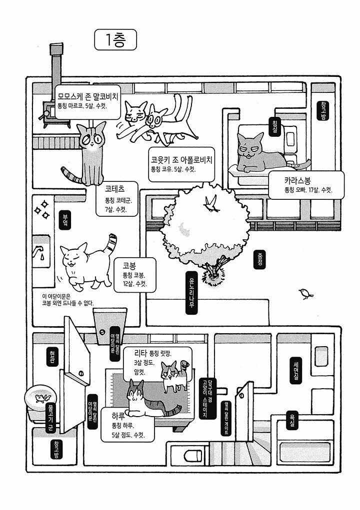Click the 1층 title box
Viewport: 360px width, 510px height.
pos(115,40)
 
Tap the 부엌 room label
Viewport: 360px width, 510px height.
pos(65,221)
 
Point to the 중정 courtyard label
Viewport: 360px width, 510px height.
pos(259,259)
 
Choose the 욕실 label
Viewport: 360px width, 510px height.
pos(292,420)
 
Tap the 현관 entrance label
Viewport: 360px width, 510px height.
pos(52,357)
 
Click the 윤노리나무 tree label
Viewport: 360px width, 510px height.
pos(191,293)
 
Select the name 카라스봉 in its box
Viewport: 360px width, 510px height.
pos(297,180)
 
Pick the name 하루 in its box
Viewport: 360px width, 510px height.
pos(118,416)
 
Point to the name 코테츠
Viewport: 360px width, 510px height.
pos(114,189)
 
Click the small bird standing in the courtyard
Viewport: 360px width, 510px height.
pos(306,294)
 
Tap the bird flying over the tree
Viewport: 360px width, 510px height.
pos(212,203)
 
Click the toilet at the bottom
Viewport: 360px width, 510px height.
pos(192,456)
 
